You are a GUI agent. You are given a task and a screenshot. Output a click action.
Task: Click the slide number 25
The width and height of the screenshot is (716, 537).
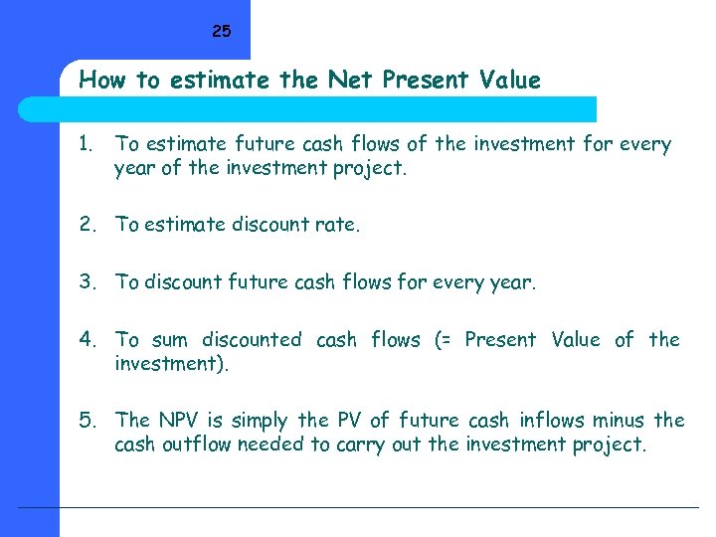221,32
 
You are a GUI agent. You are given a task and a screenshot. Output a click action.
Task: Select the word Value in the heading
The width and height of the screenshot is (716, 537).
510,80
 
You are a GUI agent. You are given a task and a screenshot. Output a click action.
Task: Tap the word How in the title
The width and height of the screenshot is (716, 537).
100,80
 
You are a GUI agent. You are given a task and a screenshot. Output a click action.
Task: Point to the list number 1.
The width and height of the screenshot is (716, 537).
87,144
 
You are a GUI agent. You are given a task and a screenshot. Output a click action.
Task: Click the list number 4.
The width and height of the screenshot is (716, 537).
89,340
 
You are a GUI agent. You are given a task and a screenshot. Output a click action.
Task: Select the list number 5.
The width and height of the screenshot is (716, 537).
89,421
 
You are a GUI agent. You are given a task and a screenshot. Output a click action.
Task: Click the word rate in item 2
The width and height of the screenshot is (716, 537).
339,225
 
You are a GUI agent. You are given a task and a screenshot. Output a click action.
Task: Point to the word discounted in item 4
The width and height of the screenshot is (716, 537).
252,340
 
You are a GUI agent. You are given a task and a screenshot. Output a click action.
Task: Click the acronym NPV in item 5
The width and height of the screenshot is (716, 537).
180,421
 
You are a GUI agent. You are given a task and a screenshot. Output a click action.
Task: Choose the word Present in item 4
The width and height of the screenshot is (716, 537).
500,340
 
